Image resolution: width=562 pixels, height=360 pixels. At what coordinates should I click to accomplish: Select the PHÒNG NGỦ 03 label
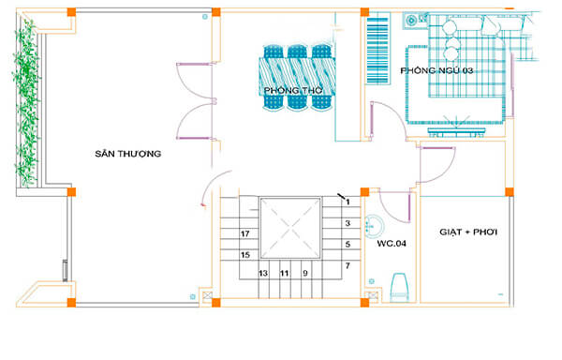436,72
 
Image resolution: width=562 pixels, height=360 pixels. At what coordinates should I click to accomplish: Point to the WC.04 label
391,244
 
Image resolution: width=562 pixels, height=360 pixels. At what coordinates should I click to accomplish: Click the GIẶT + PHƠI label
466,231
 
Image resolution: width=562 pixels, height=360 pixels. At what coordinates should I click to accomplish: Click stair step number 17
244,233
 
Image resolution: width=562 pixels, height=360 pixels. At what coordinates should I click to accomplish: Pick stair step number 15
244,254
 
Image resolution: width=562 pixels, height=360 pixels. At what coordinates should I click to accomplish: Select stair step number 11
285,273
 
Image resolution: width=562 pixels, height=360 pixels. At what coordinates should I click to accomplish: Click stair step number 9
305,273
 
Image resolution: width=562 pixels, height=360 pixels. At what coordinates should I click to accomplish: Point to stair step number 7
347,266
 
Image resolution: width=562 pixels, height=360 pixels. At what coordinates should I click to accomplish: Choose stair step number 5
347,245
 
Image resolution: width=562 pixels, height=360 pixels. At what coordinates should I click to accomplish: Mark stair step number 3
347,223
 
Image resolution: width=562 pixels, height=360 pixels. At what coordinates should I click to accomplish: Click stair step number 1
347,202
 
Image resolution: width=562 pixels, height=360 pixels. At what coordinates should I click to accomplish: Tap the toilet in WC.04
398,286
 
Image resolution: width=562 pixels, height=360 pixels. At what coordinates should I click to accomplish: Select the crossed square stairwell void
290,228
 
